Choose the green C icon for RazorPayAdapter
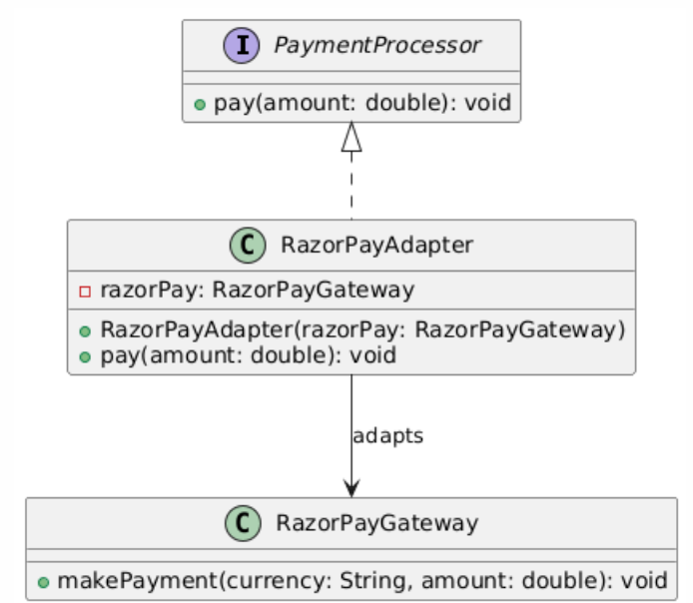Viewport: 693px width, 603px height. tap(248, 246)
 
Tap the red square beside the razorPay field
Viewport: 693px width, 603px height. tap(85, 291)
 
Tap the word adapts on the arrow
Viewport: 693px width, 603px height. tap(387, 436)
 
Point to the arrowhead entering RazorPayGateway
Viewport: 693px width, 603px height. tap(350, 487)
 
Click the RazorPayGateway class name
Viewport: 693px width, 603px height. tap(376, 523)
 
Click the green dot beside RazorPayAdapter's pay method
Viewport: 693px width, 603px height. tap(86, 355)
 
